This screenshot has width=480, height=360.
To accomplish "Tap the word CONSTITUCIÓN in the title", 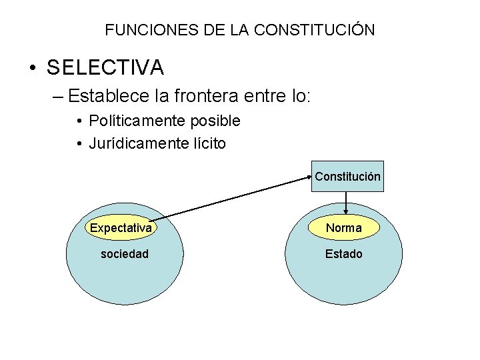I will (314, 30).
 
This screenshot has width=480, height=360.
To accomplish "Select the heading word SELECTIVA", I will (105, 67).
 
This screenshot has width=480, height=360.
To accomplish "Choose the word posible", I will (215, 121).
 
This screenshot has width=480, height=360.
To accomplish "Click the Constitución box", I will (347, 177).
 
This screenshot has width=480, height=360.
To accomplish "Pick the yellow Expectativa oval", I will (121, 228).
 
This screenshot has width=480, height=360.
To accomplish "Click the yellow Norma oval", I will (344, 228).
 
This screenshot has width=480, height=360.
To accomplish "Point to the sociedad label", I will (124, 254).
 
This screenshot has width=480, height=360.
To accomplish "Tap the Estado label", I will (344, 254).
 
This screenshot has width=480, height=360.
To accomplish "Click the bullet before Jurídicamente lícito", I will (79, 143).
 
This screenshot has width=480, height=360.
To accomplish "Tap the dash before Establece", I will (58, 97).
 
